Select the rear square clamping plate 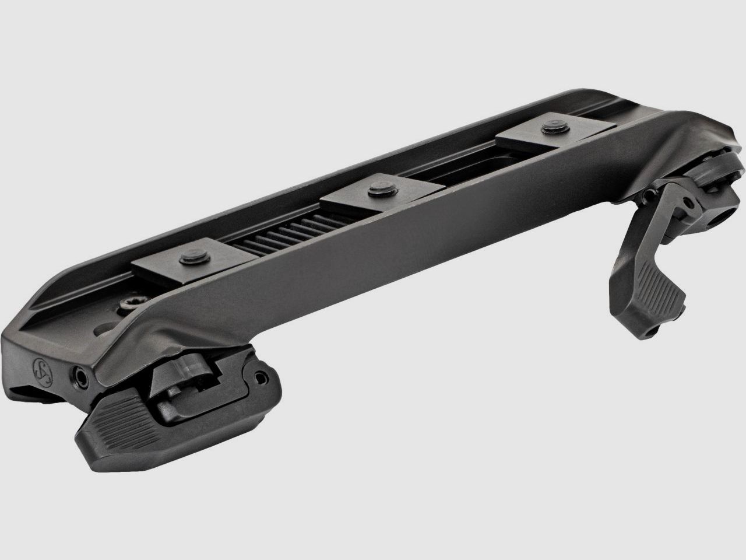(x=542, y=137)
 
